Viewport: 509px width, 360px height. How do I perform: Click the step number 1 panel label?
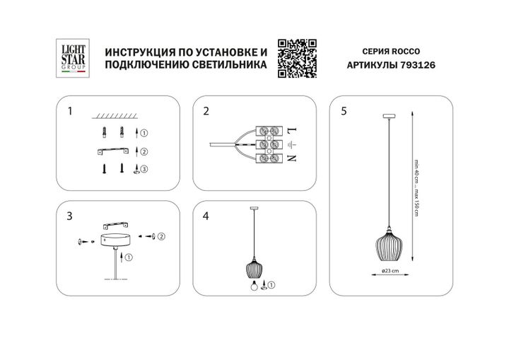[69, 111]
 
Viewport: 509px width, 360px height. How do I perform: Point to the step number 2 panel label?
[206, 111]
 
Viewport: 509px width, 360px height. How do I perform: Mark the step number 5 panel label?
[344, 111]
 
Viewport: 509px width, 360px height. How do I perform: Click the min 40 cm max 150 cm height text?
[418, 191]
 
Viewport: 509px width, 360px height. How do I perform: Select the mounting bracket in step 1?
[114, 151]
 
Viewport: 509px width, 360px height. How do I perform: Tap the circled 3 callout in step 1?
[144, 169]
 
